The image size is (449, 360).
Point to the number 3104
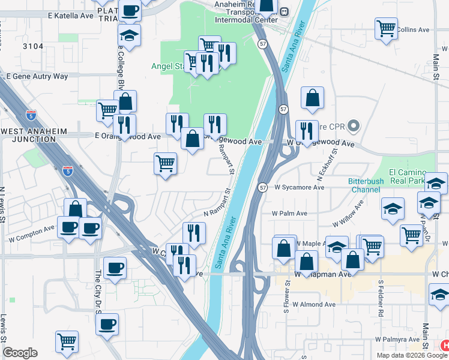[x=34, y=46]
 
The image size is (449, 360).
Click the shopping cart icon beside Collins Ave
[x=386, y=28]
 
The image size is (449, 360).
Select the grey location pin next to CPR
[x=354, y=126]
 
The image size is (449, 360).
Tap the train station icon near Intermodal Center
[x=284, y=11]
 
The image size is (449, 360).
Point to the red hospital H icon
[x=445, y=346]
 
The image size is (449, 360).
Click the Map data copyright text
[x=412, y=355]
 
